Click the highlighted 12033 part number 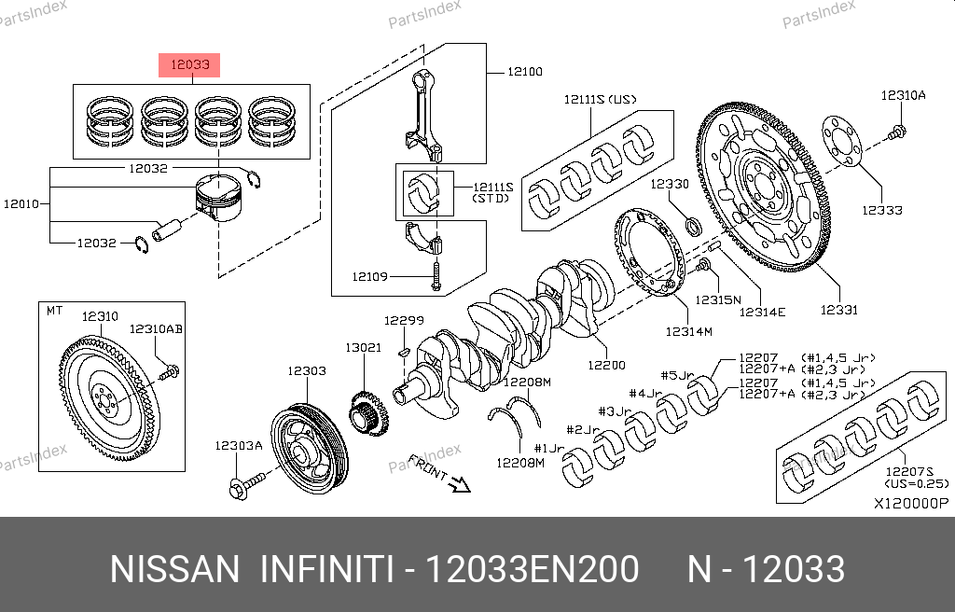click(x=189, y=64)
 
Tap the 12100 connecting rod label click(x=525, y=72)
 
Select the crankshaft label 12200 click(x=606, y=365)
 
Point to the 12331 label click(x=838, y=310)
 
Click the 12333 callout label click(x=882, y=210)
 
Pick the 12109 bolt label click(x=369, y=277)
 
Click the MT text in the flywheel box click(x=54, y=311)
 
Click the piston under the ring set click(x=218, y=198)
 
